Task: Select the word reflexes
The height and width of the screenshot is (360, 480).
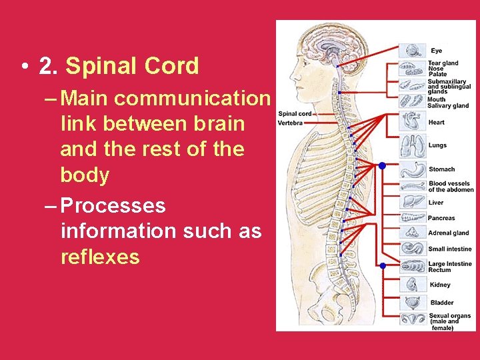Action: tap(100, 257)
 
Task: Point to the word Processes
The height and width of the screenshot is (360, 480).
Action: tap(113, 205)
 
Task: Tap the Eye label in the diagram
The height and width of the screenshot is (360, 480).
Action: tap(436, 51)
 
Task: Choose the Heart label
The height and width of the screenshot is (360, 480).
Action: tap(437, 123)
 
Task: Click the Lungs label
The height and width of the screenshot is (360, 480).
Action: tap(437, 145)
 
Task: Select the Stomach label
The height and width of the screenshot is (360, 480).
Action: tap(441, 169)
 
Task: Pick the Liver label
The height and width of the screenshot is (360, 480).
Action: tap(436, 203)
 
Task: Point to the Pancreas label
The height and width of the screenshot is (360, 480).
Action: tap(441, 218)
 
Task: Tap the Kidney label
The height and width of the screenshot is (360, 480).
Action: tap(440, 285)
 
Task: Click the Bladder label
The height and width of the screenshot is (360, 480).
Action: tap(441, 303)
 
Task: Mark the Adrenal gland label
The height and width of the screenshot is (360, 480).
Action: tap(449, 233)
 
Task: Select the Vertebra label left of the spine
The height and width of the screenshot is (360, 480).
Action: tap(290, 123)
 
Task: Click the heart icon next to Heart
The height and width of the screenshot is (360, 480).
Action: tap(410, 122)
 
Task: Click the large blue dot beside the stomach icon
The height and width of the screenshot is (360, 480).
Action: tap(382, 165)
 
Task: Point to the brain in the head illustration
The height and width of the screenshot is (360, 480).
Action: tap(336, 47)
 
